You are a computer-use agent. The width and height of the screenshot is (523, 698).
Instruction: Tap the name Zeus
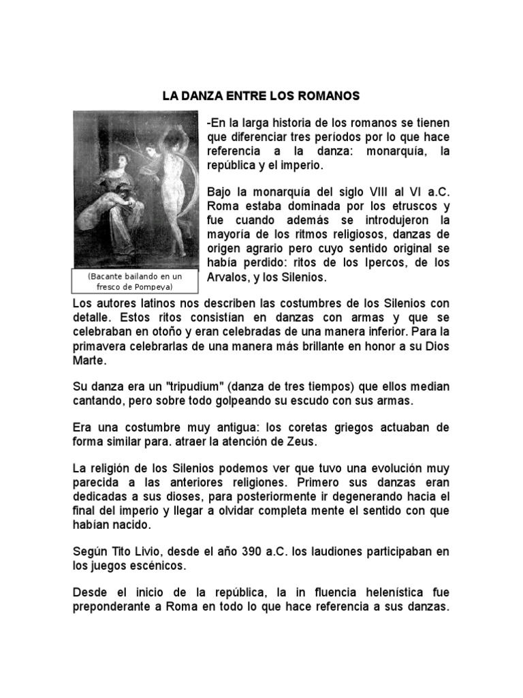click(304, 442)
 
